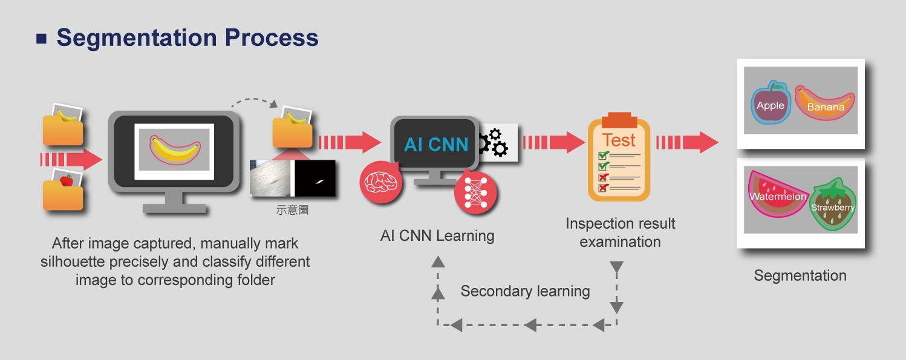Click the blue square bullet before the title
click(41, 39)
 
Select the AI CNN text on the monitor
click(436, 145)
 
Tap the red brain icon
click(380, 182)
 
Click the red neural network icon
click(475, 193)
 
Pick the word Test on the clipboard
click(619, 140)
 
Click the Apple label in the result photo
click(770, 105)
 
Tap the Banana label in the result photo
click(826, 107)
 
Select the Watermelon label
click(777, 197)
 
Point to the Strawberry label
click(832, 208)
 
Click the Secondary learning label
click(525, 291)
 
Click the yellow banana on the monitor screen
click(175, 149)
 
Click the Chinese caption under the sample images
click(292, 210)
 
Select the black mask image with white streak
click(314, 178)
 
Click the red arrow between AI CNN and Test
click(554, 142)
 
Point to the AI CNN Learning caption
click(437, 236)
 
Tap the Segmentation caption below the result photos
click(800, 276)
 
